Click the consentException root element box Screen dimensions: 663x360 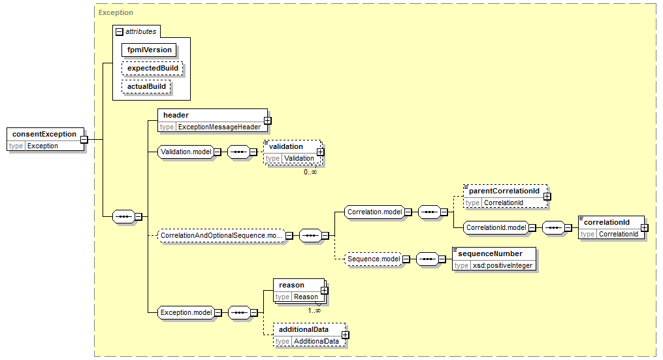[45, 140]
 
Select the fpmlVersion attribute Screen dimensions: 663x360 [149, 50]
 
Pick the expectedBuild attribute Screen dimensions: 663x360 [152, 68]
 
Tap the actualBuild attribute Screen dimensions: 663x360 [146, 86]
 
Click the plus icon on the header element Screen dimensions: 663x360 [267, 121]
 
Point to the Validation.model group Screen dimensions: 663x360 [186, 152]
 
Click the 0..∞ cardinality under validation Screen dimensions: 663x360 [310, 172]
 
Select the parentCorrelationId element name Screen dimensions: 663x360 [504, 191]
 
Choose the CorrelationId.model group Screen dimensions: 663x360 [496, 227]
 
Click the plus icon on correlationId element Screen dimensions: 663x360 [644, 227]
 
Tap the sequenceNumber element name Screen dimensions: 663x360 [490, 254]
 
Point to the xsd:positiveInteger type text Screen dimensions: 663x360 [503, 266]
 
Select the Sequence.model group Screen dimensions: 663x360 [374, 259]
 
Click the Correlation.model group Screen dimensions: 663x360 [375, 212]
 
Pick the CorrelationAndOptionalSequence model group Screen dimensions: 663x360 [221, 236]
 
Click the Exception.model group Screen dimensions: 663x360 [186, 312]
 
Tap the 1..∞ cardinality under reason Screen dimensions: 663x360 [314, 310]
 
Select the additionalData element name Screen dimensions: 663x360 [304, 329]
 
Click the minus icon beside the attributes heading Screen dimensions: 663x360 [120, 32]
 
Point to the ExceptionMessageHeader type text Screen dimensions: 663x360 [219, 127]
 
